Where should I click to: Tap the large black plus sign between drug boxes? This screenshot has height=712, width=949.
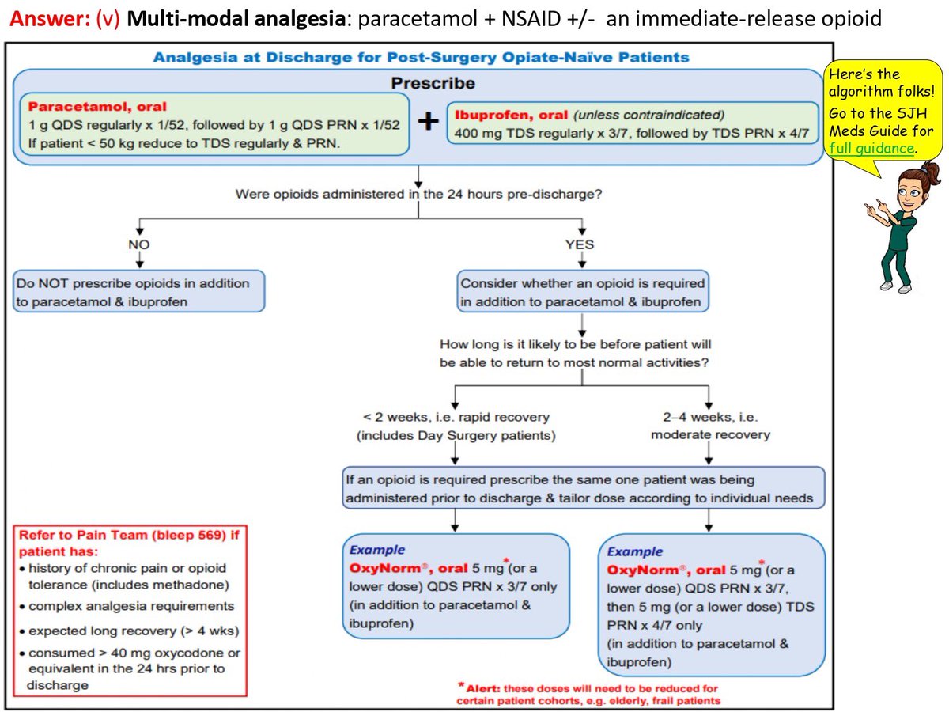click(428, 120)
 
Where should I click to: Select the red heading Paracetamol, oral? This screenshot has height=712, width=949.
click(97, 106)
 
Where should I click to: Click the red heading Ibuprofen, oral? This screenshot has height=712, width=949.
click(511, 115)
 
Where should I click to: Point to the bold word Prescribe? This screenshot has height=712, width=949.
click(433, 83)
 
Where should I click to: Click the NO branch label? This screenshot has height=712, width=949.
click(138, 244)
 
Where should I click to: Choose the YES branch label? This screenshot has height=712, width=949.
click(580, 244)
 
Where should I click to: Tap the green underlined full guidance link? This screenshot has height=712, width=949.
click(871, 148)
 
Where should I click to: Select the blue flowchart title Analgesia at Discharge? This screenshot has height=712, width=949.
click(421, 57)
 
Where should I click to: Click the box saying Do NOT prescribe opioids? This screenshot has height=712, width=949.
click(138, 291)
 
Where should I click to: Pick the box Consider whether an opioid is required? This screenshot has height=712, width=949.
click(583, 291)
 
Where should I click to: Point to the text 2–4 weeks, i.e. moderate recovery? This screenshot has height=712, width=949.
click(711, 426)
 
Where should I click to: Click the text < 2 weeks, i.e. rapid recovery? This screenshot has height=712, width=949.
click(456, 426)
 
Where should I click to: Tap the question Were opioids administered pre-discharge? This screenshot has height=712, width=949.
click(418, 194)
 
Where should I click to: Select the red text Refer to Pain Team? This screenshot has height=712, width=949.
click(129, 543)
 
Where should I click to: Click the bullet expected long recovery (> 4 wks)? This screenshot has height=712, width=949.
click(129, 631)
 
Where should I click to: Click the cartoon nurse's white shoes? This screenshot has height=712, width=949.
click(896, 286)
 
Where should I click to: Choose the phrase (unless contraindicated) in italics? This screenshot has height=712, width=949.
click(648, 115)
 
